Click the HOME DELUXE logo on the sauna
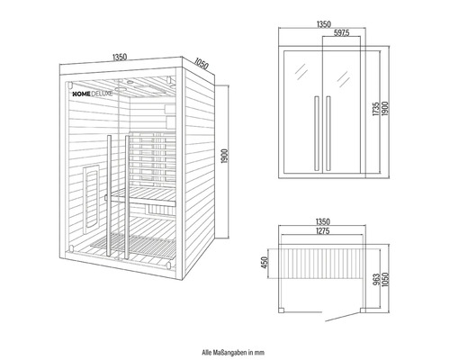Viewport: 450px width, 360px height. coord(92,92)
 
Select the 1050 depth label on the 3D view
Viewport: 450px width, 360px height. coord(200,65)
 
